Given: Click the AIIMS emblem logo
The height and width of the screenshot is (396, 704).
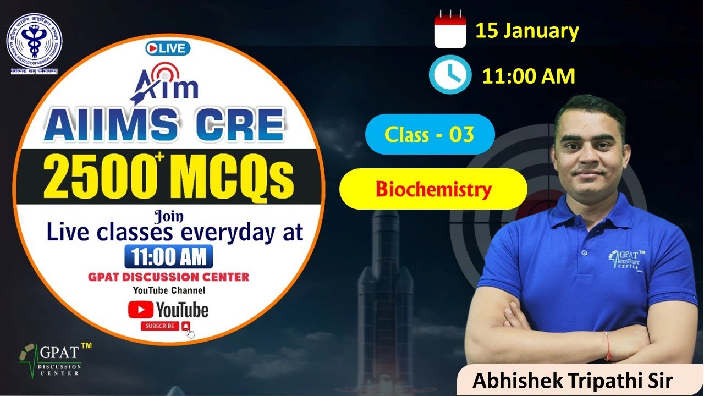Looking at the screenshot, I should pyautogui.click(x=34, y=42).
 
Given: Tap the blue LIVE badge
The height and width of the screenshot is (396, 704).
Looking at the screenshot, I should pyautogui.click(x=168, y=48).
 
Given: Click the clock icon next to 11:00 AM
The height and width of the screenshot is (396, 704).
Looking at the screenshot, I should pyautogui.click(x=450, y=76).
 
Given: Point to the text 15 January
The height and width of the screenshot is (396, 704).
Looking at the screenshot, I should pyautogui.click(x=527, y=31).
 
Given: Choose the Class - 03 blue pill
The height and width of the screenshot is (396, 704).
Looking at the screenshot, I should pyautogui.click(x=430, y=134).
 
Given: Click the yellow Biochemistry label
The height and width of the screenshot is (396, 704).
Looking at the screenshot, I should pyautogui.click(x=433, y=189).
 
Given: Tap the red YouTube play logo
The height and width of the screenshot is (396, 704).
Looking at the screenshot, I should pyautogui.click(x=140, y=309).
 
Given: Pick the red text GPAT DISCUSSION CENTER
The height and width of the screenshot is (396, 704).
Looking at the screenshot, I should pyautogui.click(x=168, y=277).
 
